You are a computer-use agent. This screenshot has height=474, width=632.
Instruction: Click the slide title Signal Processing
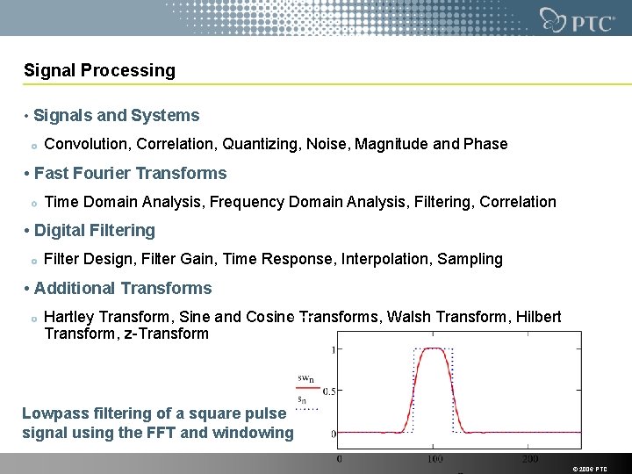pos(99,70)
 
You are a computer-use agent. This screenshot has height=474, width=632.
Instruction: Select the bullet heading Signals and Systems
pos(117,116)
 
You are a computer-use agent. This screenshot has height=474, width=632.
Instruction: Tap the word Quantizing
pos(260,144)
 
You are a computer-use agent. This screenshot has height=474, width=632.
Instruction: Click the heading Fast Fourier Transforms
pos(130,174)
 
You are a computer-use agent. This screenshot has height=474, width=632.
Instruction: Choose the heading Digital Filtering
pos(94,231)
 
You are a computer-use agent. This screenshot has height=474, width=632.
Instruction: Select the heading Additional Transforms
pos(123,289)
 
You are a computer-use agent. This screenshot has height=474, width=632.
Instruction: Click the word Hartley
pos(70,317)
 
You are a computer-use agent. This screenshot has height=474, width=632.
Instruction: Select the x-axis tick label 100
pos(435,459)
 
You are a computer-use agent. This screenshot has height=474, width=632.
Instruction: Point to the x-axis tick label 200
pos(530,459)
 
